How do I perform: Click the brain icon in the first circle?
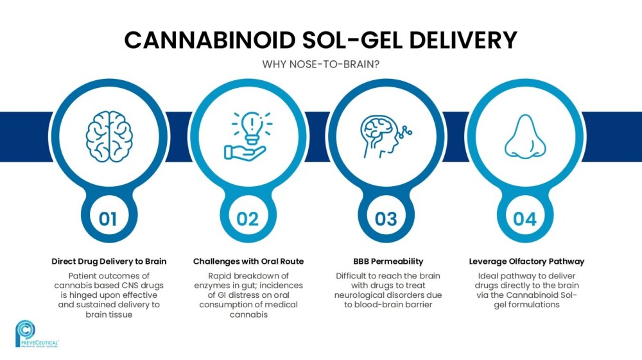109,137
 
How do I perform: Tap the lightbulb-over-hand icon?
248,136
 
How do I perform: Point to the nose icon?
525,136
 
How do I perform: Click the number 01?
108,219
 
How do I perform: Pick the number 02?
248,219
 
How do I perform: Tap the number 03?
386,219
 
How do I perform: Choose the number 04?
525,219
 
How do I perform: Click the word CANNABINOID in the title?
210,40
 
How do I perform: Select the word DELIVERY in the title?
463,40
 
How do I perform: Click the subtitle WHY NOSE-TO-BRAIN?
321,64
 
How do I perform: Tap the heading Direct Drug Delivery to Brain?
109,261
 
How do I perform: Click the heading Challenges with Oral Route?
248,261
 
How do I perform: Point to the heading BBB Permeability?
388,261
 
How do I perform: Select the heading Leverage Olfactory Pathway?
526,261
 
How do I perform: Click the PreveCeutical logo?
37,334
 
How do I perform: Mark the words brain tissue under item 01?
109,314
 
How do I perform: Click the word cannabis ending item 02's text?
248,314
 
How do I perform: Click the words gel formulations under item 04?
526,305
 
